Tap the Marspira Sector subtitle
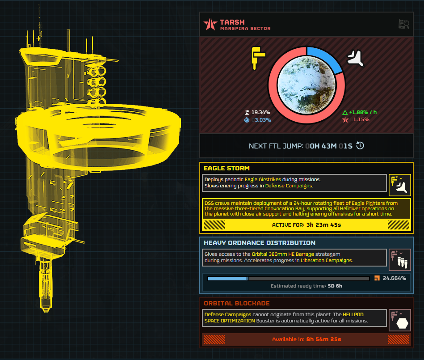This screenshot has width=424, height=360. pyautogui.click(x=245, y=29)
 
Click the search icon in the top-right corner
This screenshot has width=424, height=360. pyautogui.click(x=403, y=25)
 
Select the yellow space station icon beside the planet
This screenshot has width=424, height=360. pyautogui.click(x=258, y=57)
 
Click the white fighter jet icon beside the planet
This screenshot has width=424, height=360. pyautogui.click(x=356, y=58)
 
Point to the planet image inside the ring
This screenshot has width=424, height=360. pyautogui.click(x=306, y=85)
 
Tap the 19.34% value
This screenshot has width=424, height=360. pyautogui.click(x=261, y=112)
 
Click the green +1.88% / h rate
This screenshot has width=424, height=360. pyautogui.click(x=362, y=112)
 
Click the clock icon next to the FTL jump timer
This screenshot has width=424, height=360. pyautogui.click(x=360, y=146)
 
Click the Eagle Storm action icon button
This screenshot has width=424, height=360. pyautogui.click(x=399, y=185)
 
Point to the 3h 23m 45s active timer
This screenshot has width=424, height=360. pyautogui.click(x=323, y=224)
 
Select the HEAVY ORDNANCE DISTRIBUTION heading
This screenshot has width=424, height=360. pyautogui.click(x=259, y=243)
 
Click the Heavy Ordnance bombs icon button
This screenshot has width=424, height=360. pyautogui.click(x=399, y=260)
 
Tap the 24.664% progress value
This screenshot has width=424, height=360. pyautogui.click(x=394, y=278)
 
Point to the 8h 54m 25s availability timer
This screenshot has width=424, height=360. pyautogui.click(x=323, y=339)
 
